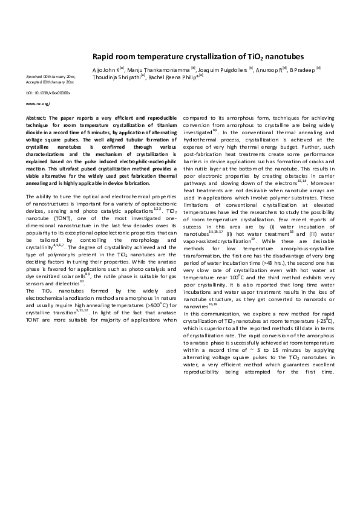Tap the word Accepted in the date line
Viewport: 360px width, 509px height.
click(34, 82)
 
